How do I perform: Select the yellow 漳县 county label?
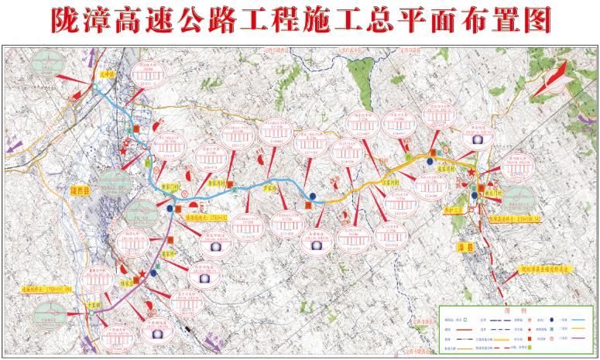(x=463, y=246)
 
